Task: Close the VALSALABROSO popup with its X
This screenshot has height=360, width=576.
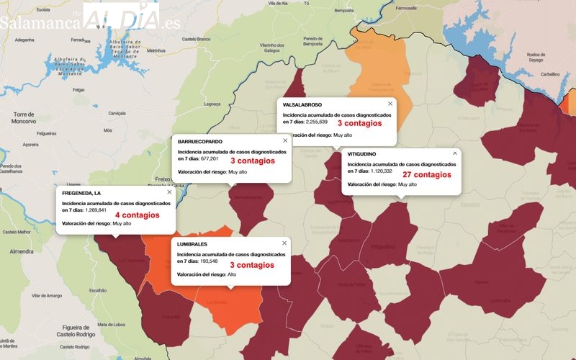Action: pos(390,104)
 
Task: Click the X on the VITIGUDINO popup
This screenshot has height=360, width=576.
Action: pos(454,153)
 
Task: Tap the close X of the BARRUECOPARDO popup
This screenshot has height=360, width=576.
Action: pos(285,140)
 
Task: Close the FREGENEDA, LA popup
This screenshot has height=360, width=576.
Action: pos(169,192)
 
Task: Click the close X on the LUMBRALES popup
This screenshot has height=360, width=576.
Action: pos(284,243)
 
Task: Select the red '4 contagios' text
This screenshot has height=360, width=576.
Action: pos(137,215)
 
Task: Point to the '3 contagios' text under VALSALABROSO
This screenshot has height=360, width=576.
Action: pos(359,124)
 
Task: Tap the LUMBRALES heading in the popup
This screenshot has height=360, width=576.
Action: pos(192,245)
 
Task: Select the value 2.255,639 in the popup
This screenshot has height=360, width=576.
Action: pos(322,122)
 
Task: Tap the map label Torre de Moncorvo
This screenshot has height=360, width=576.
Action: pos(24,118)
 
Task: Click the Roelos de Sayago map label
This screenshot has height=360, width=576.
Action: pos(537,58)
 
